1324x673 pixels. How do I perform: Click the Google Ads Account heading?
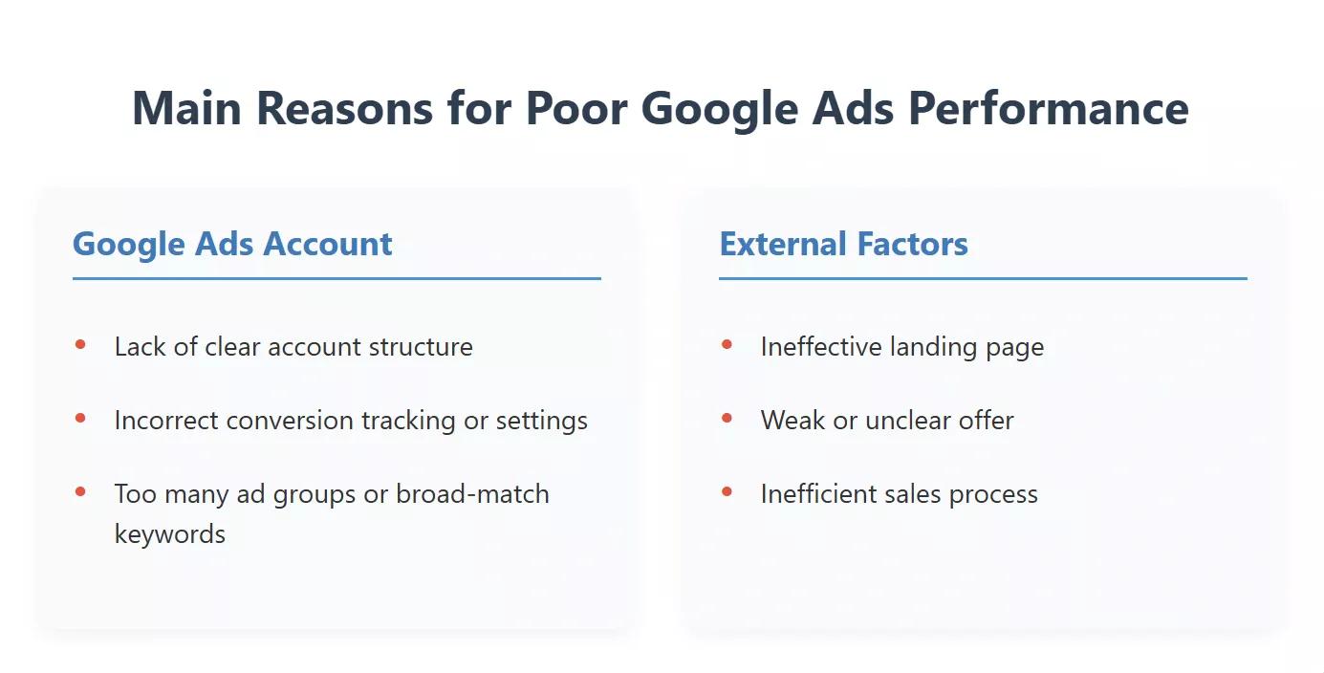coord(232,244)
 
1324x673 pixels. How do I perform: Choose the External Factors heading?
coord(843,244)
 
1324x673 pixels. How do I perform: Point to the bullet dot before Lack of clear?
coord(80,344)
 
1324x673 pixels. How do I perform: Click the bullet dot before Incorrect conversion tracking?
coord(80,418)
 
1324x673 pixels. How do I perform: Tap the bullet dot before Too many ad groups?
coord(80,491)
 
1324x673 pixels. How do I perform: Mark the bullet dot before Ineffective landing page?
coord(727,344)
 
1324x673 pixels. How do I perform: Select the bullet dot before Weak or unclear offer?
coord(727,418)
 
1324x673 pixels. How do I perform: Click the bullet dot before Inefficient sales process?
coord(727,491)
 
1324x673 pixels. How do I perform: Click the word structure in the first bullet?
coord(422,346)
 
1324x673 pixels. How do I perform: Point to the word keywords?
coord(169,533)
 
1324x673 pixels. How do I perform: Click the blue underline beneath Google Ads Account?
coord(336,278)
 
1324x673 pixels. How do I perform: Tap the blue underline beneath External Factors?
coord(983,278)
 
